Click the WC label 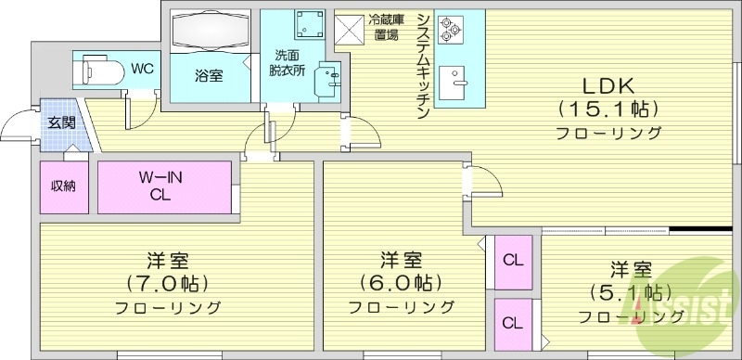tap(142, 68)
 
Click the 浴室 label tap(208, 77)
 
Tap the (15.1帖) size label tap(608, 109)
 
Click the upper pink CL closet tap(512, 259)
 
